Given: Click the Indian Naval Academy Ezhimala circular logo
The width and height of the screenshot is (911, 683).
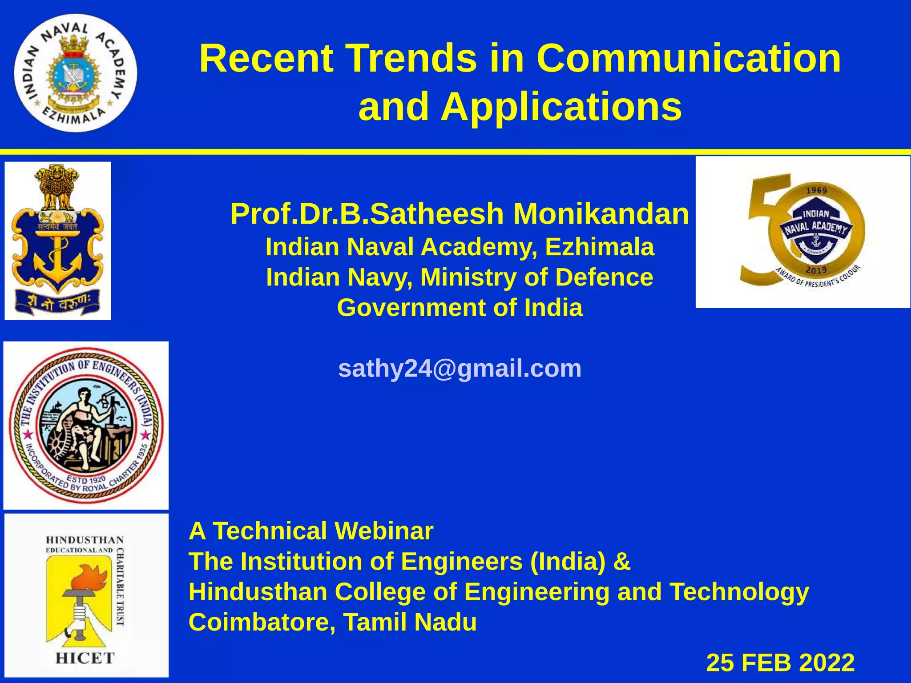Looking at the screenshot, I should pos(75,73).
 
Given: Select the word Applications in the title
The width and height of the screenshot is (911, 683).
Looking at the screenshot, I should pos(561,107).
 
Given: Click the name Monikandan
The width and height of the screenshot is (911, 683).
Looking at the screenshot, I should pos(601,214).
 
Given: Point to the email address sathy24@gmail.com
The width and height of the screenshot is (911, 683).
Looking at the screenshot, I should pos(460,368).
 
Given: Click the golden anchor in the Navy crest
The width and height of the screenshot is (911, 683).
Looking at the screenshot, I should pos(57,260).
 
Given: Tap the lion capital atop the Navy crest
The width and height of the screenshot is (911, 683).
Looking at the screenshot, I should pos(57,187).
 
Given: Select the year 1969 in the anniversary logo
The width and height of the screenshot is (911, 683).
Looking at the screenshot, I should pos(816,190).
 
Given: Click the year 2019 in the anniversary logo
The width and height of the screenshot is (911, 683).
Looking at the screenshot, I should pos(816,270).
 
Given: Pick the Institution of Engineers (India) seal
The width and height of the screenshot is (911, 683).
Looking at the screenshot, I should pos(86,425).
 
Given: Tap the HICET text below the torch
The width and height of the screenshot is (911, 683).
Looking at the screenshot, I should pos(85,658).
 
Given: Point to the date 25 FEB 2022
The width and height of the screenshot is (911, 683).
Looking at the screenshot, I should pos(780,663).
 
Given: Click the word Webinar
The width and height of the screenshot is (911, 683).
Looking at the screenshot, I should pos(383,531).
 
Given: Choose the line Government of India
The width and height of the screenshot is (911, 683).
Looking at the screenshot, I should pos(460,308).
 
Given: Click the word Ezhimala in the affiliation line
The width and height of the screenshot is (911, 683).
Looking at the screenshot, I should pos(599,247).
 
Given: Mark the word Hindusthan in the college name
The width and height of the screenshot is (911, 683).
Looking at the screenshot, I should pos(258,592).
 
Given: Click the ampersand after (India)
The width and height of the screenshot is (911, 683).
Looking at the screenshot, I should pos(621,561).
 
